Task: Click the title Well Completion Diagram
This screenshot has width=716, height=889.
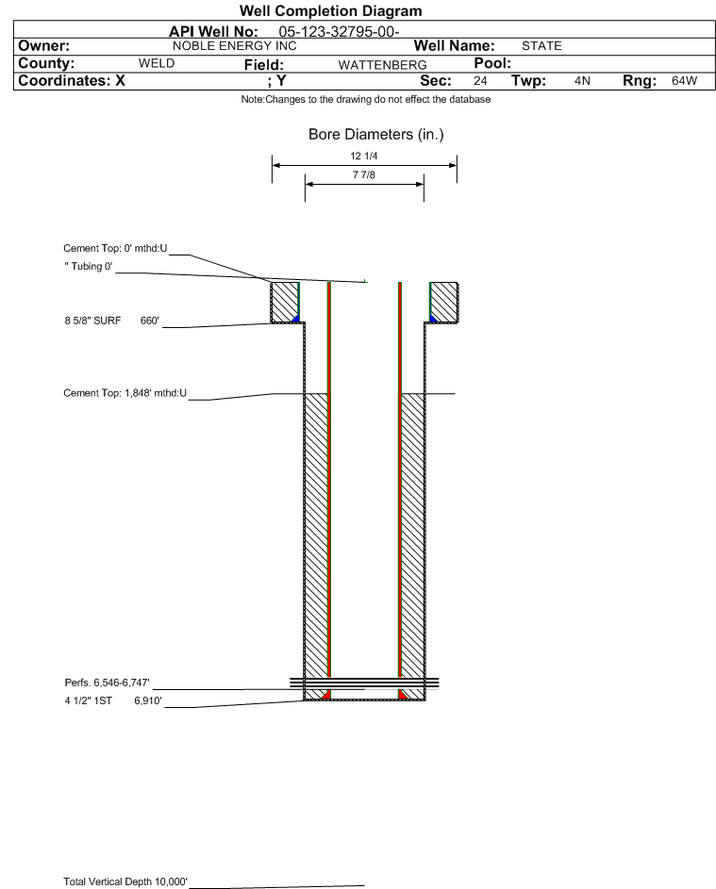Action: tap(331, 11)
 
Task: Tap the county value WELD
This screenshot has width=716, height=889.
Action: tap(157, 63)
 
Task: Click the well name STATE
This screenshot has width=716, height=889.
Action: tap(541, 45)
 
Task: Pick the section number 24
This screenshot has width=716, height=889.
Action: tap(480, 81)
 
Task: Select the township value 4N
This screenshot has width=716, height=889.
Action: tap(582, 81)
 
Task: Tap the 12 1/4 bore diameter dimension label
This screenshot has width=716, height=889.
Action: tap(364, 156)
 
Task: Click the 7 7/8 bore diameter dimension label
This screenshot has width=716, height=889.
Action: tap(364, 175)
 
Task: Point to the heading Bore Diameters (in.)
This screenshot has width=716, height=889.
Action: tap(375, 135)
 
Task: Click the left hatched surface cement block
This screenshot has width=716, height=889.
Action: tap(284, 302)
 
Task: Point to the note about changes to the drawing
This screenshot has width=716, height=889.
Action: tap(366, 100)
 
